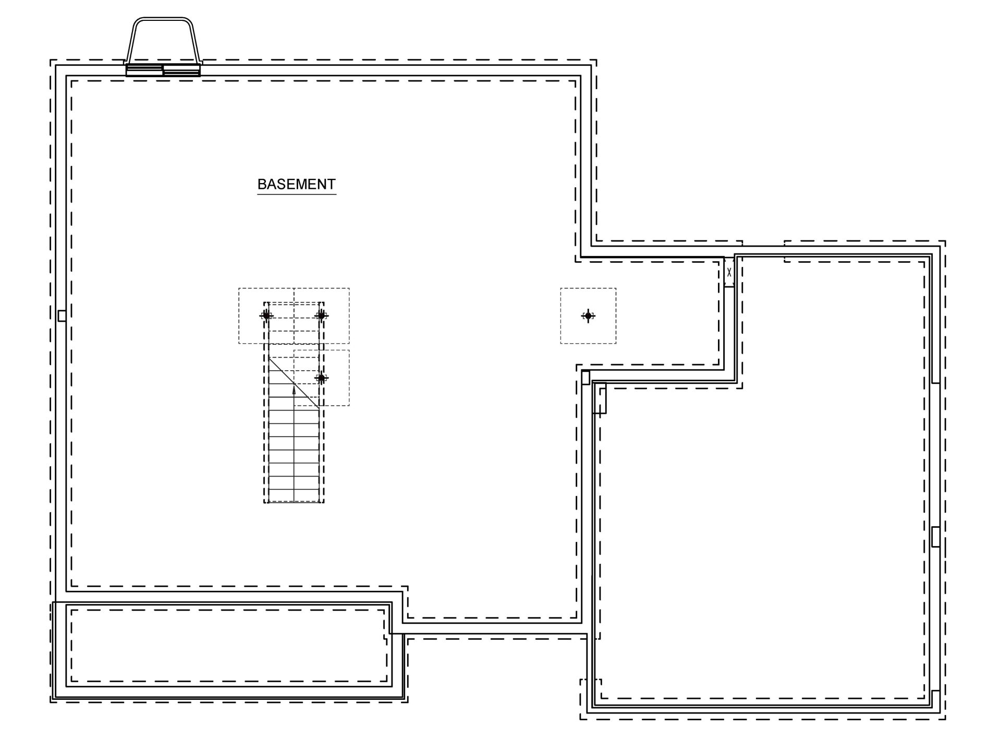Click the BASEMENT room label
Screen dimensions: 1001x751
point(296,184)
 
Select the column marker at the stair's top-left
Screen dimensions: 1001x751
point(266,316)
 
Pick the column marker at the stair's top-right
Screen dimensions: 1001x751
point(322,316)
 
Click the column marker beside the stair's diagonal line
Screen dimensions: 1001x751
point(322,378)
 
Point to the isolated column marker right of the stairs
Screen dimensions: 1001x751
point(588,316)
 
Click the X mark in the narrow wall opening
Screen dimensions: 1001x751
point(729,272)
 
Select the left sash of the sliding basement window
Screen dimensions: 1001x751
point(144,70)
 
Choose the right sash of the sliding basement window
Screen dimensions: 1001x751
point(181,71)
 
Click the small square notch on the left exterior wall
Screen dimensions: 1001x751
point(62,316)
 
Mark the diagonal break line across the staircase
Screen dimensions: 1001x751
point(294,382)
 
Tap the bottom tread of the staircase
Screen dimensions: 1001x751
point(294,496)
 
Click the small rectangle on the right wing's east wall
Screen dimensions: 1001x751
point(935,537)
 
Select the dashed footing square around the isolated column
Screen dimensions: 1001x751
point(588,288)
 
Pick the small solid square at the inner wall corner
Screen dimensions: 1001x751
point(585,377)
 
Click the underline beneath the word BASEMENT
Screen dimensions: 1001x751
point(296,195)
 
